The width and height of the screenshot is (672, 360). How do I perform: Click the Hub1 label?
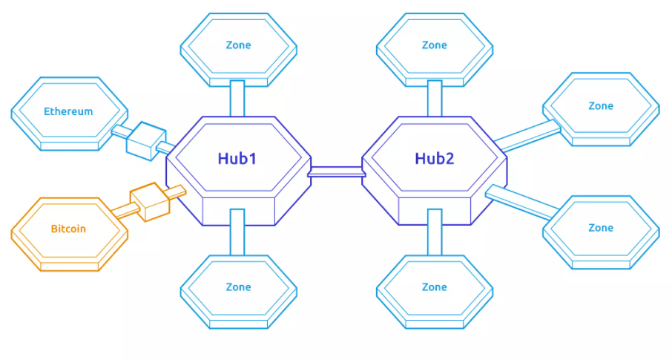[237, 158]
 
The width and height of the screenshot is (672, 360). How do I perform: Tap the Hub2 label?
[435, 158]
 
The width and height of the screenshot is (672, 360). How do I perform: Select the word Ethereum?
[68, 112]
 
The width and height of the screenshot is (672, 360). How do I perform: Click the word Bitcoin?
[68, 229]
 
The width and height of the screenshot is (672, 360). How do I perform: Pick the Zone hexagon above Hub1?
[238, 45]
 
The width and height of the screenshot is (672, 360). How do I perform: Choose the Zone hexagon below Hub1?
[238, 287]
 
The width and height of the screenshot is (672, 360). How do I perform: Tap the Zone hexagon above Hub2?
[435, 45]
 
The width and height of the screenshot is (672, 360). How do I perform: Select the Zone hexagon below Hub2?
[435, 287]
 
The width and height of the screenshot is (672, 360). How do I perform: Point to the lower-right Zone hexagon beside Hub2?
[601, 228]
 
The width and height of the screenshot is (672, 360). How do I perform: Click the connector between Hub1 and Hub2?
[337, 172]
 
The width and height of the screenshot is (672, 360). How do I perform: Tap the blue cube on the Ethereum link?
[145, 139]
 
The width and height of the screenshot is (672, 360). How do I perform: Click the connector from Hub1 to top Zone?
[237, 98]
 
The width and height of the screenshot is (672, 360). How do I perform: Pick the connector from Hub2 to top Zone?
[435, 98]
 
